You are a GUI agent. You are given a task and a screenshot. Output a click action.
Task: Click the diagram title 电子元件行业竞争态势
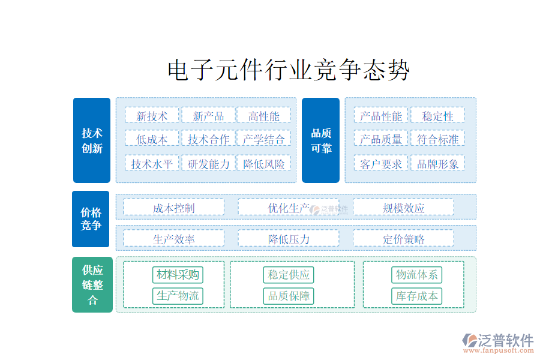tap(289, 71)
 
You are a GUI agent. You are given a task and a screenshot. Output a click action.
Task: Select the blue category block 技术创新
tap(92, 140)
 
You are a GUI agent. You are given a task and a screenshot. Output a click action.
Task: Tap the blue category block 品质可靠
tap(320, 140)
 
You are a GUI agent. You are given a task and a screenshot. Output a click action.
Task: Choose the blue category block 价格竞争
tap(91, 219)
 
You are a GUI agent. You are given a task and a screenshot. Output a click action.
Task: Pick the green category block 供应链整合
tap(92, 285)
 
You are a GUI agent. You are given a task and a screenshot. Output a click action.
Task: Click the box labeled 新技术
tap(152, 115)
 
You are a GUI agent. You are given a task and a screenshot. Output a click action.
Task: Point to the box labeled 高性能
tap(263, 115)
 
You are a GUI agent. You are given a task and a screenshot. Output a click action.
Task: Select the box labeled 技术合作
tap(208, 139)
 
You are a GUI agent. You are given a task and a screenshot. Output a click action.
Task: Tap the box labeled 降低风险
tap(263, 163)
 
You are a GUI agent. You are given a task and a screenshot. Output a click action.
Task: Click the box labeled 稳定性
tap(437, 115)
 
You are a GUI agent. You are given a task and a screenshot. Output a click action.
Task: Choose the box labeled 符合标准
tap(437, 139)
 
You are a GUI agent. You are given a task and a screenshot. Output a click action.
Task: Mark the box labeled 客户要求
tap(381, 163)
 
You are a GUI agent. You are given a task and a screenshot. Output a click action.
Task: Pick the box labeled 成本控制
tap(173, 208)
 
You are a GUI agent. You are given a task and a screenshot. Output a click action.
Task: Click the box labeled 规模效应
tap(403, 208)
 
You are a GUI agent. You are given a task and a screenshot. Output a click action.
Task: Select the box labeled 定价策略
tap(403, 239)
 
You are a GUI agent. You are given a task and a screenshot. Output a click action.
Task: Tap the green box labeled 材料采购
tap(178, 275)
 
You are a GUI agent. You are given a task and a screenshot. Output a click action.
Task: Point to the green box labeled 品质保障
tap(289, 296)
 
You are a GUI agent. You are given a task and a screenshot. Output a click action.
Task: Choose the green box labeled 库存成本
tap(416, 296)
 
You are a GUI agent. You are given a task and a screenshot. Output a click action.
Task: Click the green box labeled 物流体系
tap(416, 275)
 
